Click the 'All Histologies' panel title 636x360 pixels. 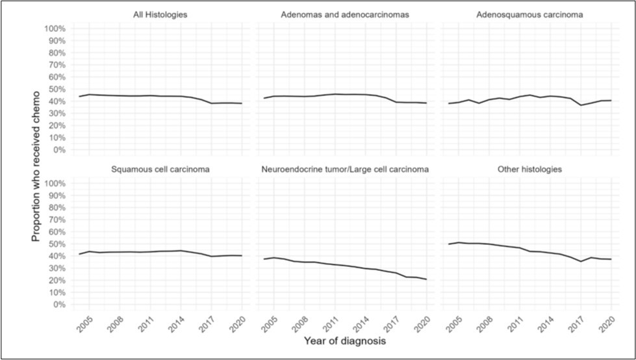coord(160,14)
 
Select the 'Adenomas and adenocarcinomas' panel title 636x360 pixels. coord(346,14)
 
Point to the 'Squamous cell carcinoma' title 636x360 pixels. coord(160,170)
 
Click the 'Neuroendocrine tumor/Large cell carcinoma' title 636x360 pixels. coord(346,170)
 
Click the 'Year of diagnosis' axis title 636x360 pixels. coord(346,341)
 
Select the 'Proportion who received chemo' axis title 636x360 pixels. coord(37,167)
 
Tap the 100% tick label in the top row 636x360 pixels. coord(55,29)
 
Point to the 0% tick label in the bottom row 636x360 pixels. coord(58,304)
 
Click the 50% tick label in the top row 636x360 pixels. coord(57,90)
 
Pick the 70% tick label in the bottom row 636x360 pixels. coord(57,220)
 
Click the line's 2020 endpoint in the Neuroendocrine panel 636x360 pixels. coord(427,279)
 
